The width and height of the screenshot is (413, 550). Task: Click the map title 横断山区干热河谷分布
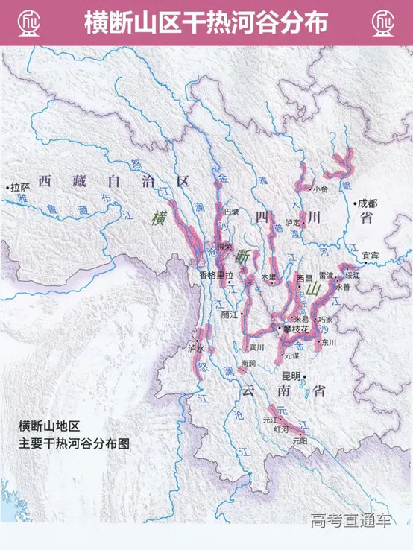click(x=206, y=22)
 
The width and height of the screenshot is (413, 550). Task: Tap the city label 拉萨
click(x=19, y=188)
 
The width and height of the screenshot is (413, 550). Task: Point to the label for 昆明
click(x=296, y=376)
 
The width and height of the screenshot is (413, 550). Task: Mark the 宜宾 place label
click(x=371, y=255)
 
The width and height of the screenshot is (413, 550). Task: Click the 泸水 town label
click(x=195, y=348)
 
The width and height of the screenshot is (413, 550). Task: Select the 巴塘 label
click(x=233, y=212)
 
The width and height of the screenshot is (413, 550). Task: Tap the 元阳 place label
click(x=299, y=440)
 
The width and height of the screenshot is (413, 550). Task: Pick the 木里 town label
click(x=268, y=277)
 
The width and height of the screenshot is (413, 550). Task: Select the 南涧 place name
click(x=248, y=364)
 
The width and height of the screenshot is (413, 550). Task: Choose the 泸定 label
click(x=293, y=222)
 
